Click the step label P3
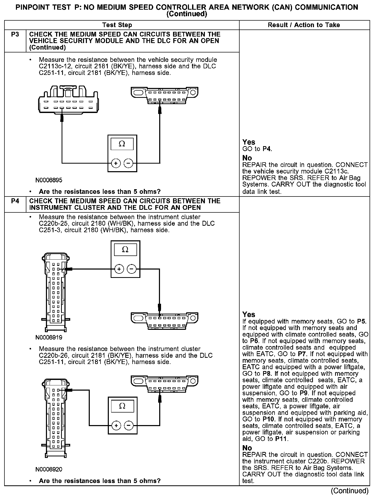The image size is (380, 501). (x=15, y=34)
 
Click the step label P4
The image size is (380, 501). (x=15, y=201)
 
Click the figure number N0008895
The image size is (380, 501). (x=49, y=180)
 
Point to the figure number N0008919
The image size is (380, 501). (x=49, y=338)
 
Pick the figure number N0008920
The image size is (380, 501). (x=49, y=469)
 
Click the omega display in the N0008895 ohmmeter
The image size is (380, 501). (x=122, y=144)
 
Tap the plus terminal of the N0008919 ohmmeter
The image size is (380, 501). (x=119, y=269)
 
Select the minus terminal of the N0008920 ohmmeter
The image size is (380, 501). (x=128, y=426)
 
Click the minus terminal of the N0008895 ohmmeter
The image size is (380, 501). (x=128, y=163)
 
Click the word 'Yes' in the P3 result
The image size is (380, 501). (x=249, y=142)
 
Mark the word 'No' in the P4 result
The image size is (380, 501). (x=247, y=448)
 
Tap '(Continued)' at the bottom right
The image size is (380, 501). (x=349, y=491)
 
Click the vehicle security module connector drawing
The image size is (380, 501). (x=68, y=100)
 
